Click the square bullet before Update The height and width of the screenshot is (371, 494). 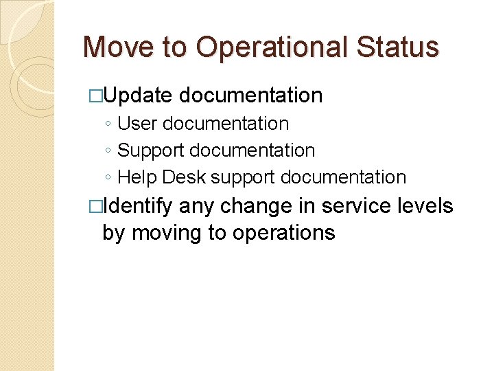coord(96,96)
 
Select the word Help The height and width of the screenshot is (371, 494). coord(138,177)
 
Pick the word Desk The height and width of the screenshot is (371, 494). coord(185,177)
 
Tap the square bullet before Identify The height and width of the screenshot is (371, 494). coord(96,206)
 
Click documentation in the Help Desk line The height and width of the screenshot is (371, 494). coord(344,177)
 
